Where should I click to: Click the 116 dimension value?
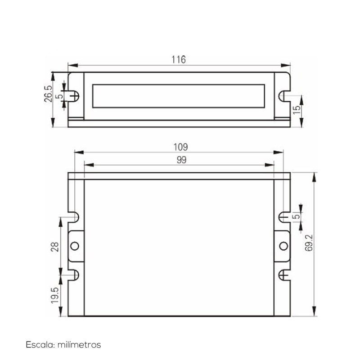click(x=179, y=59)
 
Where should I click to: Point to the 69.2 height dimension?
click(x=308, y=243)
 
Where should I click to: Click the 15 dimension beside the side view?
click(x=296, y=110)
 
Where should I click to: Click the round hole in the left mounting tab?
click(x=75, y=246)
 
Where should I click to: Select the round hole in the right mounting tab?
click(x=283, y=246)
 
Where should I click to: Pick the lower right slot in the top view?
click(x=284, y=275)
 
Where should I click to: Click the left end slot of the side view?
click(x=75, y=95)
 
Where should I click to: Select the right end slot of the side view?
click(x=283, y=95)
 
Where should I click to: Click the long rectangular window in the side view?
click(x=179, y=96)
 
